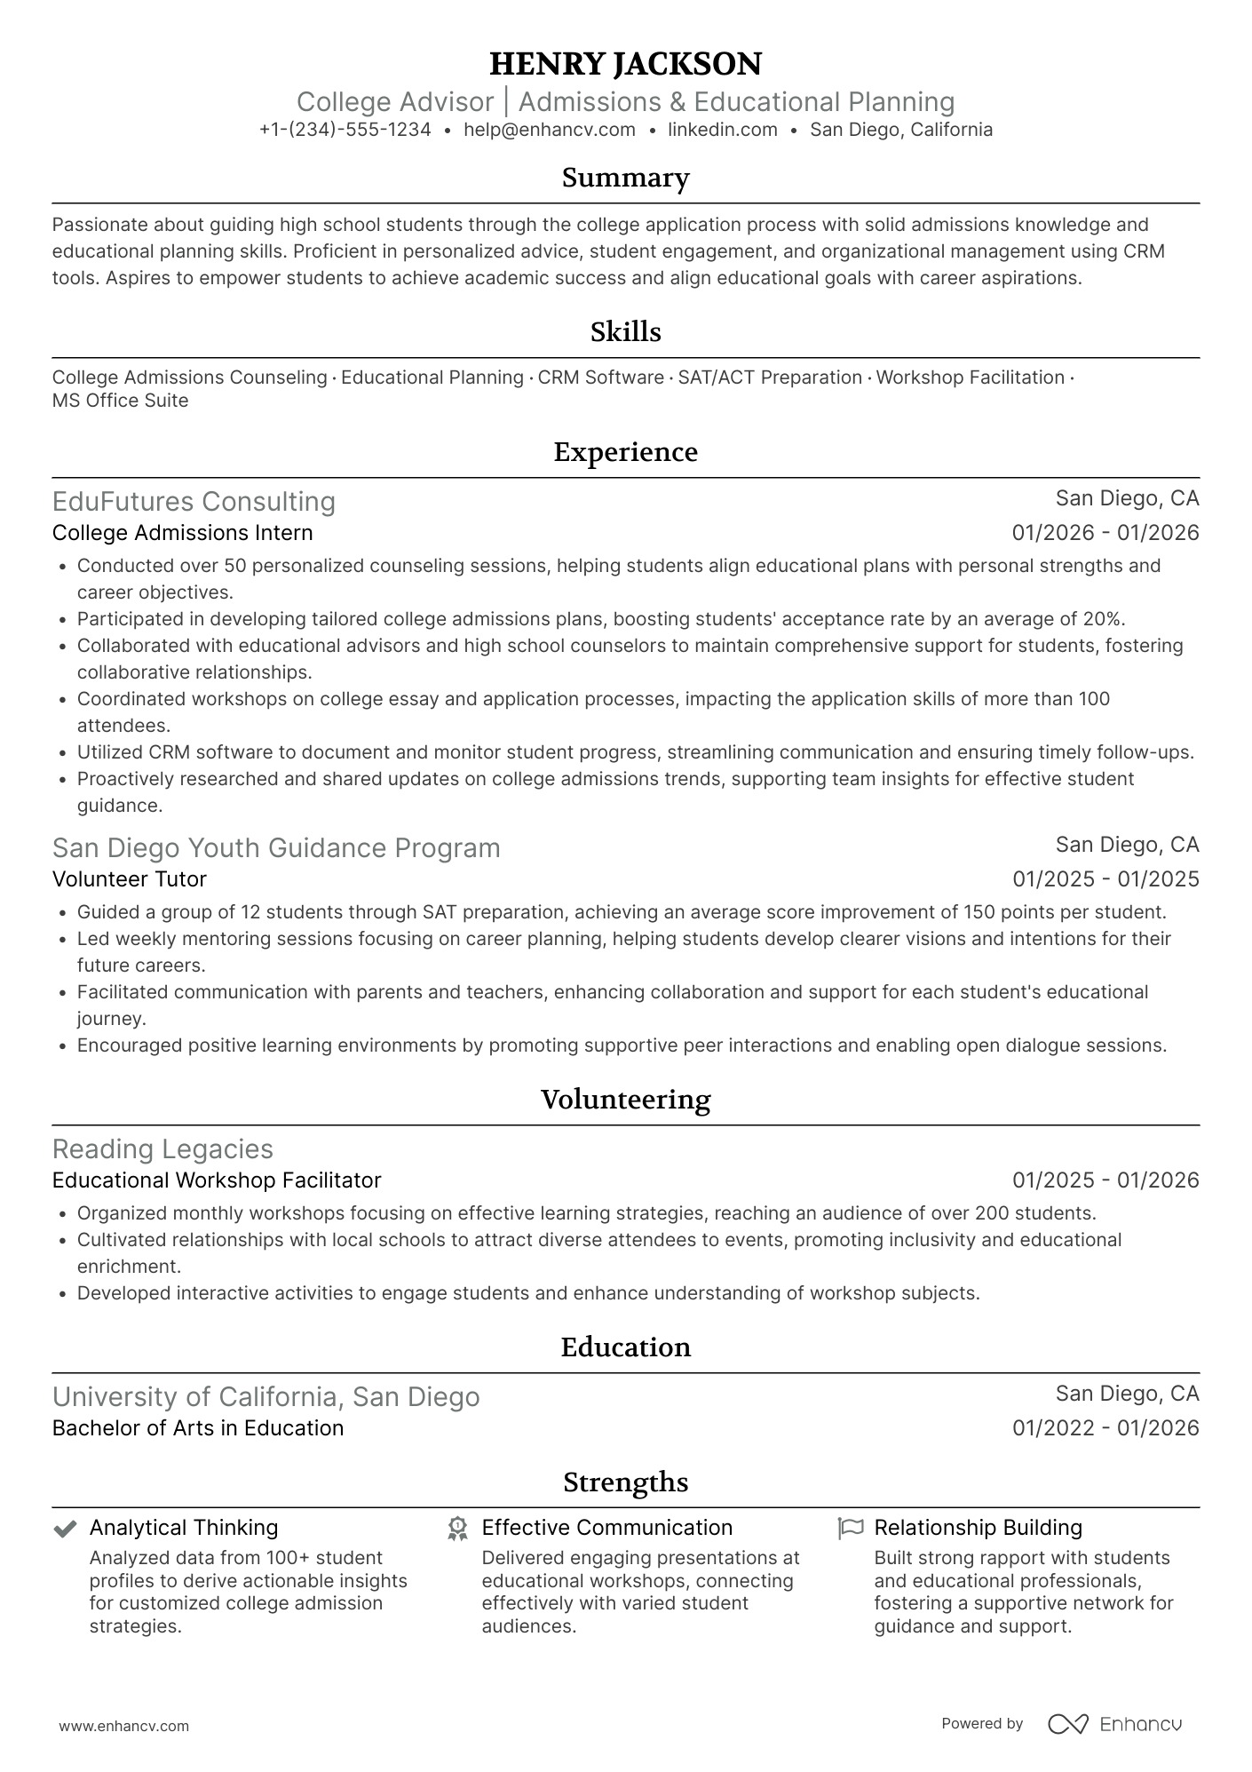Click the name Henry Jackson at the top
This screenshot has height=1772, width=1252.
pyautogui.click(x=625, y=64)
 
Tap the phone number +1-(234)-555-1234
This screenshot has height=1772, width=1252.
pyautogui.click(x=345, y=130)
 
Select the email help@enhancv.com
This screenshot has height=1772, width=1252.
pyautogui.click(x=550, y=130)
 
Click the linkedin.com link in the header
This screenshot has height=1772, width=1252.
pyautogui.click(x=723, y=130)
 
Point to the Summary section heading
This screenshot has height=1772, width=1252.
pyautogui.click(x=625, y=178)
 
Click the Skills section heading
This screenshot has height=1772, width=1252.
pyautogui.click(x=625, y=332)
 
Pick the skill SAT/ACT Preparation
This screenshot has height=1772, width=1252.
pyautogui.click(x=770, y=377)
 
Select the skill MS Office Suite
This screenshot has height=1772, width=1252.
pyautogui.click(x=121, y=401)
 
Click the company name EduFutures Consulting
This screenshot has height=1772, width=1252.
pyautogui.click(x=194, y=502)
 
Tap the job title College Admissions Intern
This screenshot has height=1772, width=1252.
pyautogui.click(x=183, y=533)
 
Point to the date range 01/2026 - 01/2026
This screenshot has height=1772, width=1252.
pyautogui.click(x=1105, y=533)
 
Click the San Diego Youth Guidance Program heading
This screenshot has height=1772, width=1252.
pyautogui.click(x=276, y=848)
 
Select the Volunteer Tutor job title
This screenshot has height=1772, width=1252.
pyautogui.click(x=130, y=879)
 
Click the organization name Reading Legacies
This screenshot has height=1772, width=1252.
pyautogui.click(x=162, y=1149)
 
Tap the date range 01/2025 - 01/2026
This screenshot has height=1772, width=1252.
pyautogui.click(x=1105, y=1180)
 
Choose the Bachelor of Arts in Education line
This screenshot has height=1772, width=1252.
pyautogui.click(x=198, y=1428)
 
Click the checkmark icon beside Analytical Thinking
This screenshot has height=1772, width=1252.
pyautogui.click(x=65, y=1529)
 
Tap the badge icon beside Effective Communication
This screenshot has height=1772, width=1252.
pyautogui.click(x=457, y=1529)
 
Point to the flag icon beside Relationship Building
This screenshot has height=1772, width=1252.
pyautogui.click(x=851, y=1529)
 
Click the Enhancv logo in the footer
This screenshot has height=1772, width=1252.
pyautogui.click(x=1115, y=1724)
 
